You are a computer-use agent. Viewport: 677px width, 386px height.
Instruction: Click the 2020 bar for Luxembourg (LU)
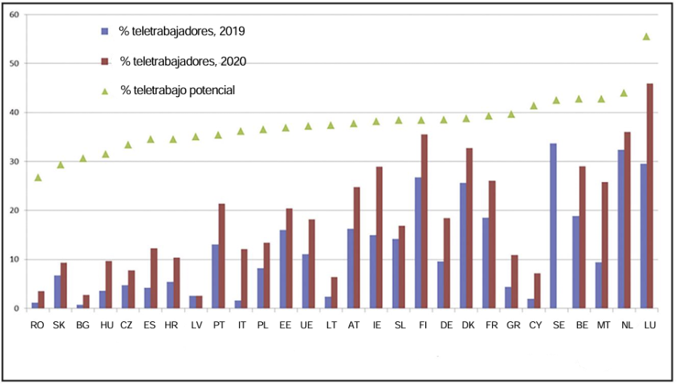click(x=650, y=196)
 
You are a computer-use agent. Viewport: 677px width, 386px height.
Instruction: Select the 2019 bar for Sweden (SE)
click(x=553, y=226)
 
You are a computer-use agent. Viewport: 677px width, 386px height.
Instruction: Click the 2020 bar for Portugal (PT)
click(x=222, y=256)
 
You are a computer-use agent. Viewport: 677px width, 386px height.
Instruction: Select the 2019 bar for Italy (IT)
click(x=237, y=304)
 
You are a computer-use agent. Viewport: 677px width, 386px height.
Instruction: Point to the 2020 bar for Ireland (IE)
click(x=379, y=237)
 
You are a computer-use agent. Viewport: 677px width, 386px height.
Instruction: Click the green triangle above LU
click(x=646, y=36)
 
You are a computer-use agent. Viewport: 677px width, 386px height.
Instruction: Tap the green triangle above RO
click(x=38, y=178)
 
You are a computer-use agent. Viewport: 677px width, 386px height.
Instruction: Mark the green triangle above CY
click(x=533, y=105)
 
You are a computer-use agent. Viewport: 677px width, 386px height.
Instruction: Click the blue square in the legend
click(x=104, y=32)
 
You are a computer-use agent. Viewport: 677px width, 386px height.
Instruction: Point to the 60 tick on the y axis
click(x=14, y=15)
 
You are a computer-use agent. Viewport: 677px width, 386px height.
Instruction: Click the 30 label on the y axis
click(x=14, y=161)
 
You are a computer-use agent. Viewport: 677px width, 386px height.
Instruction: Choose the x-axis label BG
click(x=83, y=324)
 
